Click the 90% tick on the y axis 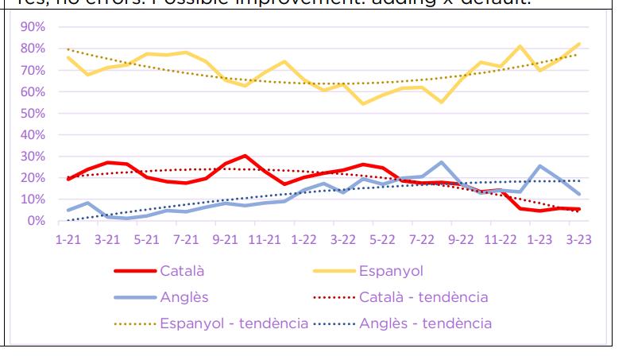tap(33, 27)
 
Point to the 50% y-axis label tap(33, 113)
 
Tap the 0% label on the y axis tap(36, 220)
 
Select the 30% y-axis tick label tap(33, 156)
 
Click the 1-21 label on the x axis tap(68, 238)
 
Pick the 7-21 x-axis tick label tap(186, 238)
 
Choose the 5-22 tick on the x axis tap(382, 238)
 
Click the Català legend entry tap(182, 270)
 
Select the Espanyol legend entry tap(392, 270)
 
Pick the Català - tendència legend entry tap(423, 297)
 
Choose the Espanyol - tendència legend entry tap(234, 323)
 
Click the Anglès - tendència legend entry tap(425, 323)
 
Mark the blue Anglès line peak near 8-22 tap(441, 162)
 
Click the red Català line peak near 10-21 tap(245, 156)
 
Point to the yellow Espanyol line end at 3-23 tap(579, 44)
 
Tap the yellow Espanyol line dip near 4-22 tap(363, 103)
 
